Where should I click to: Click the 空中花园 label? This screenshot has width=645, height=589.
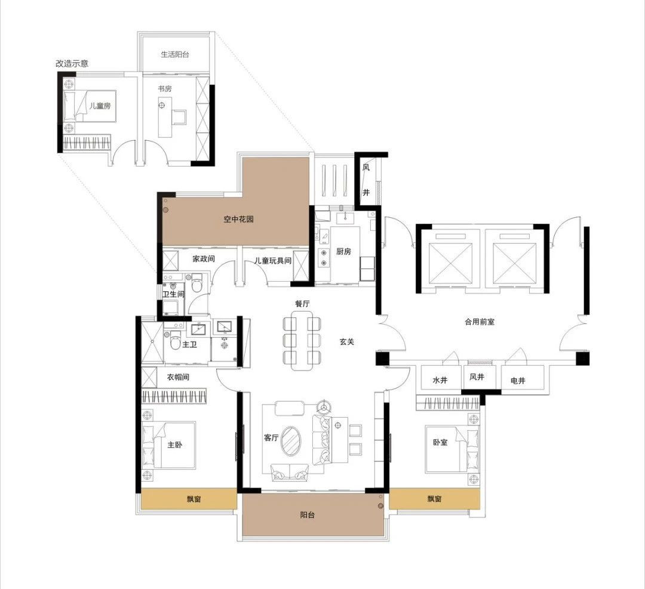(238, 219)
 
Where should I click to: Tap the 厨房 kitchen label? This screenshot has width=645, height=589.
(343, 252)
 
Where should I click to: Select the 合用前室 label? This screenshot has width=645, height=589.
(480, 322)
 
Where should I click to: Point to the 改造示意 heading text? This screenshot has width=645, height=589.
(72, 64)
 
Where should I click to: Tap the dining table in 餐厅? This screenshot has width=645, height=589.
(302, 340)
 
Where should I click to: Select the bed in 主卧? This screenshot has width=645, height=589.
(168, 445)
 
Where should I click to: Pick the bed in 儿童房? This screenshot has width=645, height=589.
(90, 106)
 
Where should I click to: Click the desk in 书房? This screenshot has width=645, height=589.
(165, 117)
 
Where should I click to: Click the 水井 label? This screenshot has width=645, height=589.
(440, 380)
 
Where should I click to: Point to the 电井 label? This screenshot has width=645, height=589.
(518, 381)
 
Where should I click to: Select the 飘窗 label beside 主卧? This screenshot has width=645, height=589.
(193, 499)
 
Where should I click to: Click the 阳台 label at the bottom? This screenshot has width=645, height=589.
(308, 515)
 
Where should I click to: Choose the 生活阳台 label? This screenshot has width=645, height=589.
(175, 54)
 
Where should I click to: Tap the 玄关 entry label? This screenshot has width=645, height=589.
(347, 341)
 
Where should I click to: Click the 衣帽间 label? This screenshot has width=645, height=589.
(178, 377)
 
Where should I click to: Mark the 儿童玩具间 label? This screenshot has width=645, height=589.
(272, 261)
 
